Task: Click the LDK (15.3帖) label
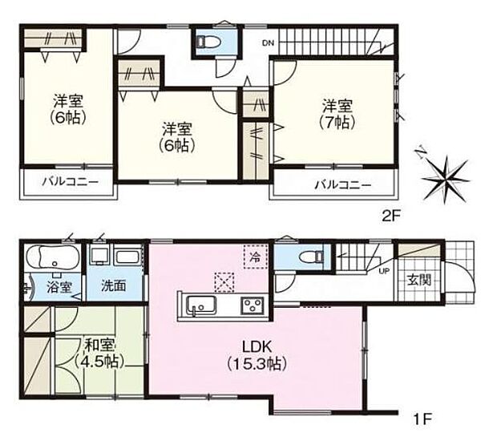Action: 261,354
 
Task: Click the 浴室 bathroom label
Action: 59,285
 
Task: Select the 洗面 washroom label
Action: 111,285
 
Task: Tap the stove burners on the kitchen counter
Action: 254,305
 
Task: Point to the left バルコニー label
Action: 71,184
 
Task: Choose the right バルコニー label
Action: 342,185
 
